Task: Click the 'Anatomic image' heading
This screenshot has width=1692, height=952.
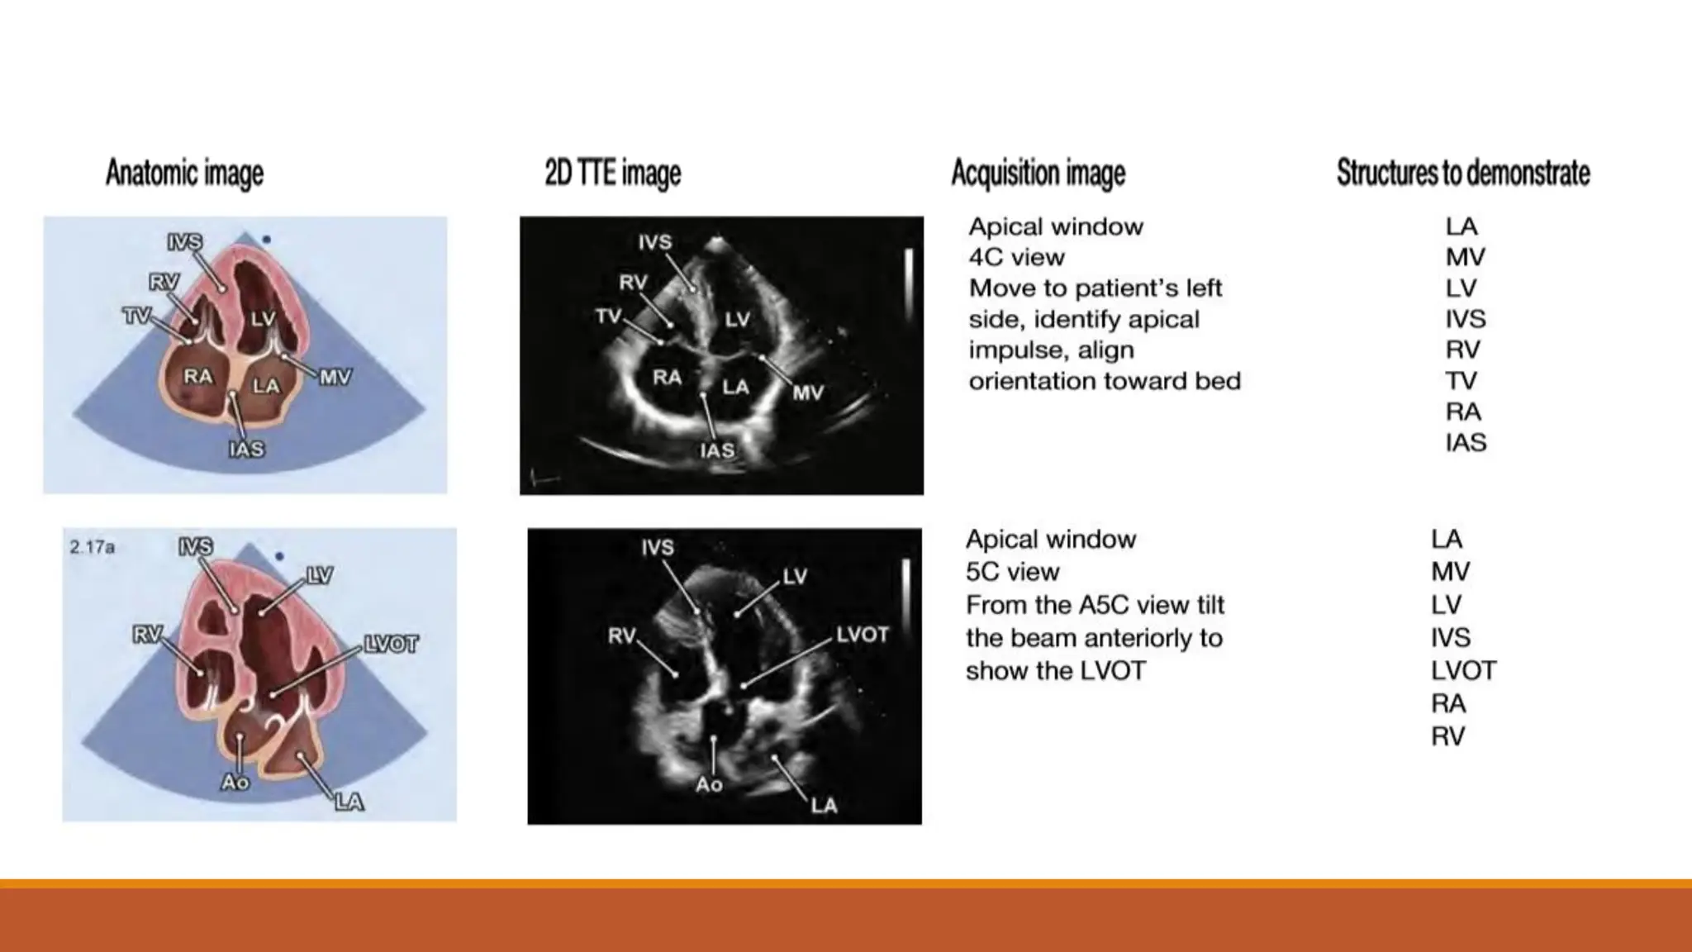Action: tap(184, 174)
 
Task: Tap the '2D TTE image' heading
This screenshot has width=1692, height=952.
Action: tap(612, 174)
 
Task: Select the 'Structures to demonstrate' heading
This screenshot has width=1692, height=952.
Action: tap(1462, 174)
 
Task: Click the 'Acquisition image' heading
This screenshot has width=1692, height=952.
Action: tap(1038, 174)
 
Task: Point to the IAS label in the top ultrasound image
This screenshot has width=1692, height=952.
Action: tap(716, 450)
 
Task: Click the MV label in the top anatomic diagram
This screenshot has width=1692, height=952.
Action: tap(335, 378)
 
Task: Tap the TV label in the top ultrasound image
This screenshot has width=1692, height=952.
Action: tap(608, 317)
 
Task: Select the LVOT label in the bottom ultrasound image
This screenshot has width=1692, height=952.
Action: tap(862, 635)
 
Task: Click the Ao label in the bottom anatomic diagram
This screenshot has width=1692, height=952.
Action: tap(235, 782)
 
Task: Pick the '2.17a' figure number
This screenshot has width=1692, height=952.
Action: tap(92, 547)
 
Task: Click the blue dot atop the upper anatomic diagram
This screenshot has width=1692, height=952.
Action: tap(266, 240)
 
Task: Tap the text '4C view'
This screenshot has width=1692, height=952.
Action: tap(1016, 258)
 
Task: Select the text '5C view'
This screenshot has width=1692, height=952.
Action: tap(1012, 572)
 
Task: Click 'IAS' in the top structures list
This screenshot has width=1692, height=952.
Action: tap(1465, 443)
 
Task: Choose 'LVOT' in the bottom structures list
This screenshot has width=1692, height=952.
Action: tap(1462, 671)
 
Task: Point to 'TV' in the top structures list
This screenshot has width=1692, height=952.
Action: tap(1461, 381)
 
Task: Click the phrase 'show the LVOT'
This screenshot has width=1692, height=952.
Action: tap(1055, 671)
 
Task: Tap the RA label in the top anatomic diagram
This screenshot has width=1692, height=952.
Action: tap(197, 377)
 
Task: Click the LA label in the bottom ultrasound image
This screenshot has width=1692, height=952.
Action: tap(824, 806)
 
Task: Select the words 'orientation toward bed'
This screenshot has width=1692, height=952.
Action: tap(1104, 381)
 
